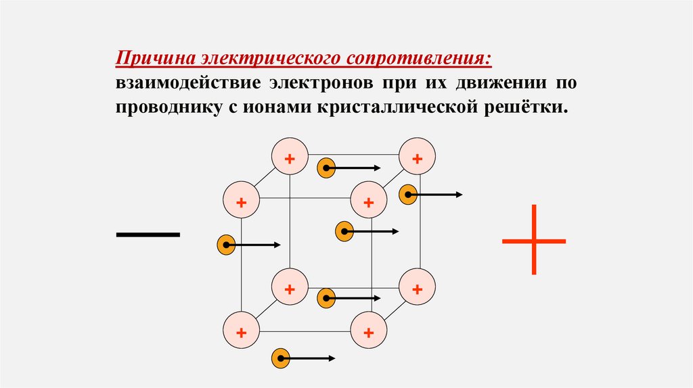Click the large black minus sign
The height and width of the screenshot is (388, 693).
click(148, 235)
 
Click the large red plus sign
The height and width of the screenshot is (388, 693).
click(534, 240)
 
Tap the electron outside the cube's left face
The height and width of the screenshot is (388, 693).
click(225, 245)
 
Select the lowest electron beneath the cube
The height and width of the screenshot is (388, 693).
click(280, 358)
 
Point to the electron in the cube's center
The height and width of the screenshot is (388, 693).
click(344, 232)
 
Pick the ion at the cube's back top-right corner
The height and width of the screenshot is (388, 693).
click(417, 157)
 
